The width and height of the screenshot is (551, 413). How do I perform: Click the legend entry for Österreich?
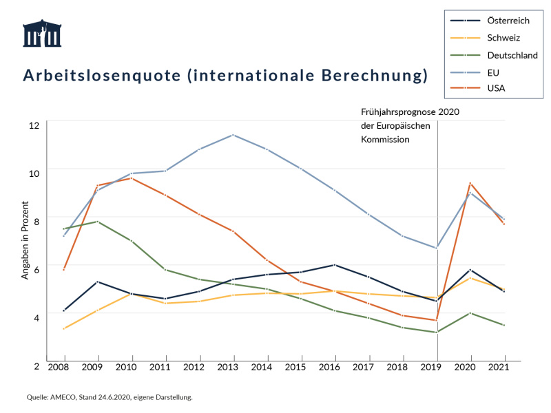pyautogui.click(x=508, y=21)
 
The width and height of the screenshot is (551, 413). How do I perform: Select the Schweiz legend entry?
pyautogui.click(x=503, y=38)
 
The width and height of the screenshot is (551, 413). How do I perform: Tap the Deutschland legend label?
pyautogui.click(x=512, y=55)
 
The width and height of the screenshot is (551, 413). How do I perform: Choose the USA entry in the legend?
pyautogui.click(x=496, y=88)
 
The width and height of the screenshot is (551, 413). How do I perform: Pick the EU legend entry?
pyautogui.click(x=493, y=72)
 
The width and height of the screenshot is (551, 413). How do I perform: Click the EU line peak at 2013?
pyautogui.click(x=233, y=135)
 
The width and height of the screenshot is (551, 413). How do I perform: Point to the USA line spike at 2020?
pyautogui.click(x=470, y=183)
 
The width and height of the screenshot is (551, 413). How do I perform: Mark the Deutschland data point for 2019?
pyautogui.click(x=437, y=332)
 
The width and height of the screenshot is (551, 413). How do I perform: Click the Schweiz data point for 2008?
pyautogui.click(x=64, y=328)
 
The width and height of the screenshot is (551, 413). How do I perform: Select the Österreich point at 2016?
pyautogui.click(x=335, y=265)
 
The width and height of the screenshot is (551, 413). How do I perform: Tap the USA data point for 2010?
pyautogui.click(x=131, y=178)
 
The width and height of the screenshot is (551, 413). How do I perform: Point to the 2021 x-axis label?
pyautogui.click(x=505, y=368)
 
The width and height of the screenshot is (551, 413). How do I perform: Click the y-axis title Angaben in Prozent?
pyautogui.click(x=25, y=240)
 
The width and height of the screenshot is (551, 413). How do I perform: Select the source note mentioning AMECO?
pyautogui.click(x=110, y=397)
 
